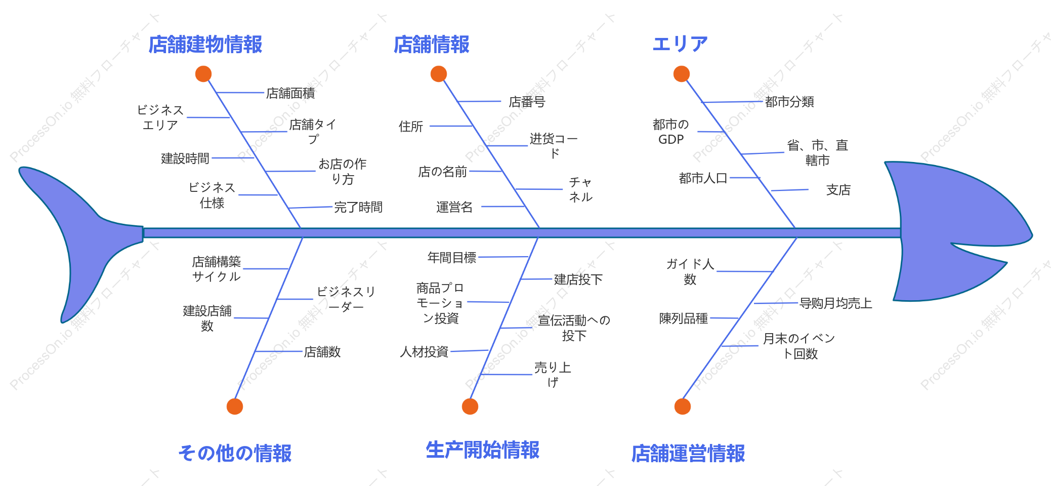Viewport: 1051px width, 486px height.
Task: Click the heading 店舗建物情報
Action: [205, 45]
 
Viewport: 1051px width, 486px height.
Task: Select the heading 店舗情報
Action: [432, 45]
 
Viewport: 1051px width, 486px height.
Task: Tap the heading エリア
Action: [680, 44]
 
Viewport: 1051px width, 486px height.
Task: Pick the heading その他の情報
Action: [235, 453]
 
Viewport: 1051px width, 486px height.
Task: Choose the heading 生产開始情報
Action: [483, 450]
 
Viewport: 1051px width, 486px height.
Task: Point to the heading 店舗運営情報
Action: [688, 453]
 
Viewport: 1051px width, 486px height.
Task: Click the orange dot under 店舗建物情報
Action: [203, 74]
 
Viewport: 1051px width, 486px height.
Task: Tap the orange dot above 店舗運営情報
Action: [683, 407]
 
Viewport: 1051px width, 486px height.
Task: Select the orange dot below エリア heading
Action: [682, 74]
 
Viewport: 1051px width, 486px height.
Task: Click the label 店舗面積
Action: [290, 93]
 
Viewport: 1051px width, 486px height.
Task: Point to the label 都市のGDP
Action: [671, 132]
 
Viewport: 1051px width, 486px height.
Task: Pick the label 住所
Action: [411, 127]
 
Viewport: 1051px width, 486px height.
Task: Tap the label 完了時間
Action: [358, 207]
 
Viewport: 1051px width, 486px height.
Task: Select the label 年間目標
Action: [452, 258]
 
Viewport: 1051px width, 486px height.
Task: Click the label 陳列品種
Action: [684, 318]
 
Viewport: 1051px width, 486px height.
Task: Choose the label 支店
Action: [838, 190]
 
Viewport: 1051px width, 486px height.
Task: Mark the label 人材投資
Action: [424, 352]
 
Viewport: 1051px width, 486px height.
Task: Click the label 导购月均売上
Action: [836, 303]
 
